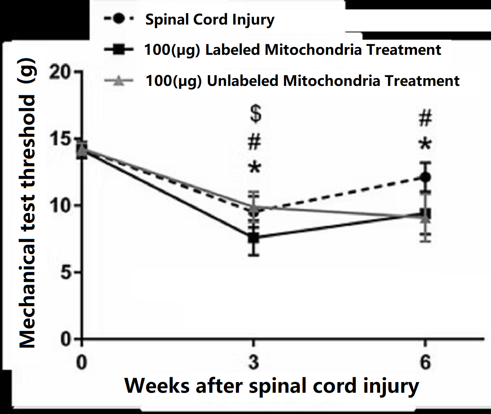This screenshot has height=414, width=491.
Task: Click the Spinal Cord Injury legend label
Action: pos(209,20)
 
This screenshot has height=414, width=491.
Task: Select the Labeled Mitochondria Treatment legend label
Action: pos(292,50)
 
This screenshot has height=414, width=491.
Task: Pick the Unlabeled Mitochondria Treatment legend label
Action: pos(302,81)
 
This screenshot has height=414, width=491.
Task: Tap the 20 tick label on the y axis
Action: pos(61,72)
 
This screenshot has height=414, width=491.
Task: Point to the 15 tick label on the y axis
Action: pos(61,139)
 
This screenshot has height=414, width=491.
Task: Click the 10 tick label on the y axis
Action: pos(61,205)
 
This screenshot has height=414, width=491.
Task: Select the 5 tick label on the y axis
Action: pos(66,272)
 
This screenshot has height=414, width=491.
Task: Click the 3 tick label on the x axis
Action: pos(254,362)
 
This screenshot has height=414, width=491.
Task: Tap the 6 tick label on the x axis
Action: pos(426,362)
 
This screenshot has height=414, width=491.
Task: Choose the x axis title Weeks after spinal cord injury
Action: pos(272,386)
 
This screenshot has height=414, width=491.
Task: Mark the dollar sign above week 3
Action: pos(255,114)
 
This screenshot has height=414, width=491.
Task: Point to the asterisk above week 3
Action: pos(255,168)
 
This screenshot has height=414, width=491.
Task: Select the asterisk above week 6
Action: pos(426,144)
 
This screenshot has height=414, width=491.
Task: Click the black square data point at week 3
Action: pos(254,237)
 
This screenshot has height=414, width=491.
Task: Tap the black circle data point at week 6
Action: pos(426,177)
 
